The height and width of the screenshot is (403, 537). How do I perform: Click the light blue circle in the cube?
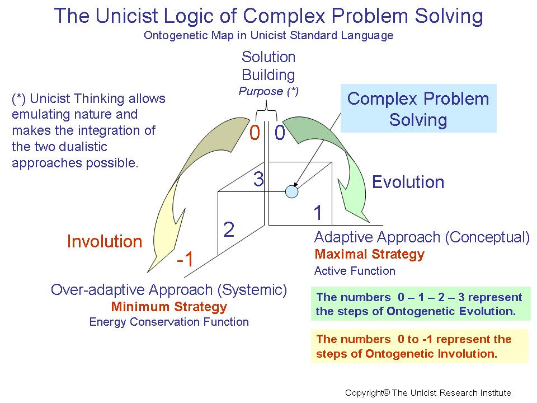click(291, 191)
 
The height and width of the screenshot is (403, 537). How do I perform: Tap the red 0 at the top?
click(255, 134)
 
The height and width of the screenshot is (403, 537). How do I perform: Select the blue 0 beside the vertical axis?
click(280, 134)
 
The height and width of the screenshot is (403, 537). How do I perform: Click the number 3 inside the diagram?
click(258, 180)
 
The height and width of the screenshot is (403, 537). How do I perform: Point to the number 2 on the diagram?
click(229, 229)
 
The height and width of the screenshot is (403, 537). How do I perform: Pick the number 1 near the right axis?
click(318, 213)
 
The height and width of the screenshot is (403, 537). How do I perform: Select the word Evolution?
click(408, 182)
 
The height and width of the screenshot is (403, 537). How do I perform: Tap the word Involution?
click(105, 242)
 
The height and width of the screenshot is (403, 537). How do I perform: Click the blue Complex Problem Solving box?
click(418, 109)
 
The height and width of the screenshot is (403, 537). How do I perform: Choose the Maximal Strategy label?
click(369, 255)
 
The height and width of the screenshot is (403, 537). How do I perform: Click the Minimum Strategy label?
click(169, 307)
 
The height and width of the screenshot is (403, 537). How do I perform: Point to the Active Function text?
click(355, 271)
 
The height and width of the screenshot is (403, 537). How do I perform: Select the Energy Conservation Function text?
click(169, 322)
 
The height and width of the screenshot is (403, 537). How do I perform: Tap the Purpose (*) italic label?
click(268, 92)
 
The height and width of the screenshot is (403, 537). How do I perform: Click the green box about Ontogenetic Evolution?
click(420, 304)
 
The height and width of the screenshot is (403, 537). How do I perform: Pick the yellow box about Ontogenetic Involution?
click(419, 346)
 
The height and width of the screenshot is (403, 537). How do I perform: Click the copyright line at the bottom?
click(428, 393)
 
